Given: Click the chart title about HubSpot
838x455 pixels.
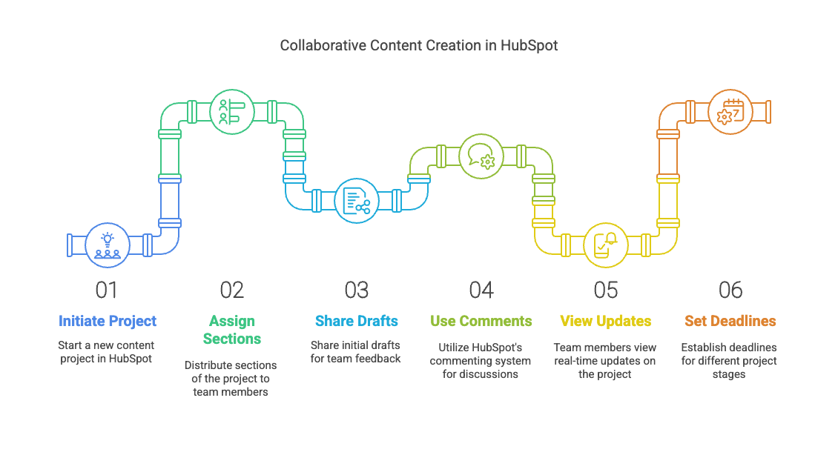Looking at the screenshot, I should point(418,45).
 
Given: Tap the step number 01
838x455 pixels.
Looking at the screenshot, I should point(107,290).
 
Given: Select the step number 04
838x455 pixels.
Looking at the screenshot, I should point(481,290).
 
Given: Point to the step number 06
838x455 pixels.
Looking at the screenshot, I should point(730,290).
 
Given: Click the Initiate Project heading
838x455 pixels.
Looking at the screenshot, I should point(108,321).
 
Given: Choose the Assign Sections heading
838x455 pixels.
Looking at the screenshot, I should point(232,330).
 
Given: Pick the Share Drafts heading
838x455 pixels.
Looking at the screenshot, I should point(357,321).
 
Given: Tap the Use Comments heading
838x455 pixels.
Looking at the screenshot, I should point(481,321).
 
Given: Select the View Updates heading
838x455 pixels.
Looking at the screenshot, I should point(606,321).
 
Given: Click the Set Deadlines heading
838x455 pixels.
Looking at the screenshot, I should point(730,321).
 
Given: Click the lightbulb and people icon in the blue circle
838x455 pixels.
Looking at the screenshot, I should point(108,245).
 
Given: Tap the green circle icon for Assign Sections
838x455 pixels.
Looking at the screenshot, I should point(232,111).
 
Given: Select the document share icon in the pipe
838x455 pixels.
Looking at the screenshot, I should point(357,200).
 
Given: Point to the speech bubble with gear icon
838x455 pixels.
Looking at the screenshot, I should point(481,156).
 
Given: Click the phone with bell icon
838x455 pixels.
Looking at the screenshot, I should point(606,245).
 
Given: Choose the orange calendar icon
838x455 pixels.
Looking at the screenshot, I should point(730,111).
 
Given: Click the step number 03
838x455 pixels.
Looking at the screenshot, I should point(357,290).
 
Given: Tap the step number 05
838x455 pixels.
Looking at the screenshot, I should point(606,290).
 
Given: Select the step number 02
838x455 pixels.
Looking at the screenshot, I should point(232,290).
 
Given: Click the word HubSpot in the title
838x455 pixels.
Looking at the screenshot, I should point(528,45).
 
